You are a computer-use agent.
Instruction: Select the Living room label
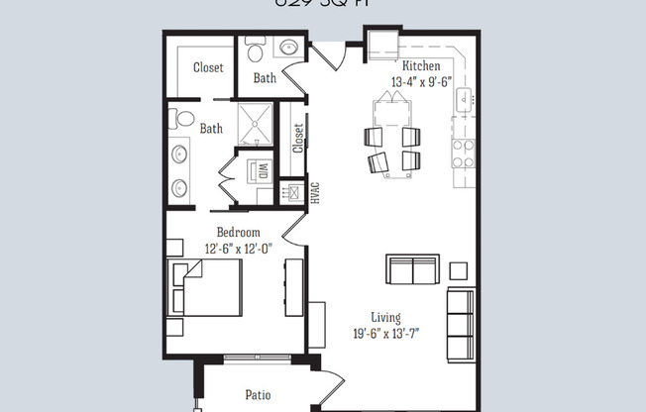386,318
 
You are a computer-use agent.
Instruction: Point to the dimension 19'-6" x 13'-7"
386,334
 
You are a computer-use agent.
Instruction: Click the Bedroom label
239,233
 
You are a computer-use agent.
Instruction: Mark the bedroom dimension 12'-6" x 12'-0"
239,249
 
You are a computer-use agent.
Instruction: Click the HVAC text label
315,192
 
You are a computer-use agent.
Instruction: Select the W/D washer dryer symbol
252,168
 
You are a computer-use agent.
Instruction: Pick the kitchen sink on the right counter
464,98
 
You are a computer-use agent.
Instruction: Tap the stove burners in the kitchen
463,152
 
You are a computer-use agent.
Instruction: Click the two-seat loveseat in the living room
412,269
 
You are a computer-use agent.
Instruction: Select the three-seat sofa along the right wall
461,324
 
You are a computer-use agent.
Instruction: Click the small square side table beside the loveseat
458,270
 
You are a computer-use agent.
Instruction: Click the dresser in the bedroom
292,287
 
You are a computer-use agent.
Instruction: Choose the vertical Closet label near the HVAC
298,138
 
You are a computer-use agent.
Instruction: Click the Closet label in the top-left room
208,68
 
